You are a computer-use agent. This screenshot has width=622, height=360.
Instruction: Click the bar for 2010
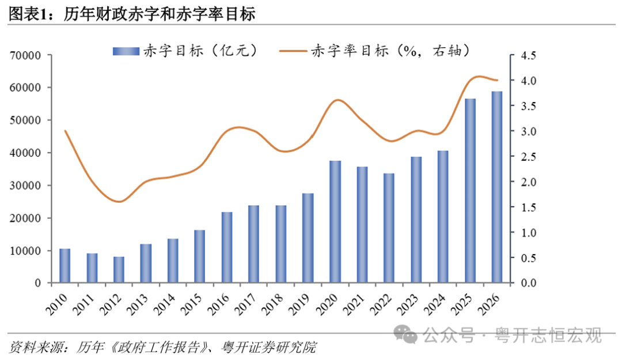pos(65,266)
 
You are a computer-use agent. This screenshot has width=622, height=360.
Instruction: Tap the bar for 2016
pos(227,248)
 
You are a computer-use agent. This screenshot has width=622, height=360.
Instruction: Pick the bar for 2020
pos(335,222)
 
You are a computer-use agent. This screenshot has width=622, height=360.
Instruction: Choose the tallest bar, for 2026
pos(497,187)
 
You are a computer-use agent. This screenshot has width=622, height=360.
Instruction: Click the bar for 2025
pos(471,191)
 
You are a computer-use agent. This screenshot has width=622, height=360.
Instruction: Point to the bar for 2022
pos(389,228)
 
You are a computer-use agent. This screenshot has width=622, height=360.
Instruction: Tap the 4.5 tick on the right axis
pos(528,55)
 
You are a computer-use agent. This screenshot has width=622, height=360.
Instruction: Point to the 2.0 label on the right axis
pos(528,182)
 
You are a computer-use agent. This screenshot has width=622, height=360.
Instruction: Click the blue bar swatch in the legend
pos(126,51)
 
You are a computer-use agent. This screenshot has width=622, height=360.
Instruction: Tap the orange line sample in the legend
pos(293,51)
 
